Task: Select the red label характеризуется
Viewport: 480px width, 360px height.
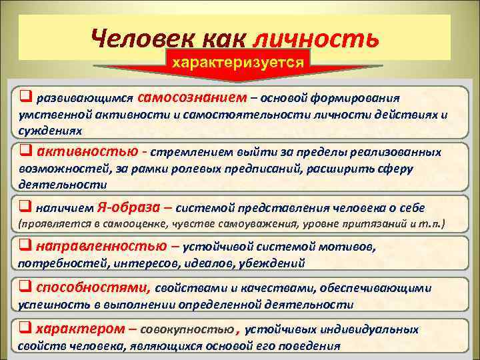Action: coord(239,63)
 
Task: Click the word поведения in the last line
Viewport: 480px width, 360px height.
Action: coord(307,346)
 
